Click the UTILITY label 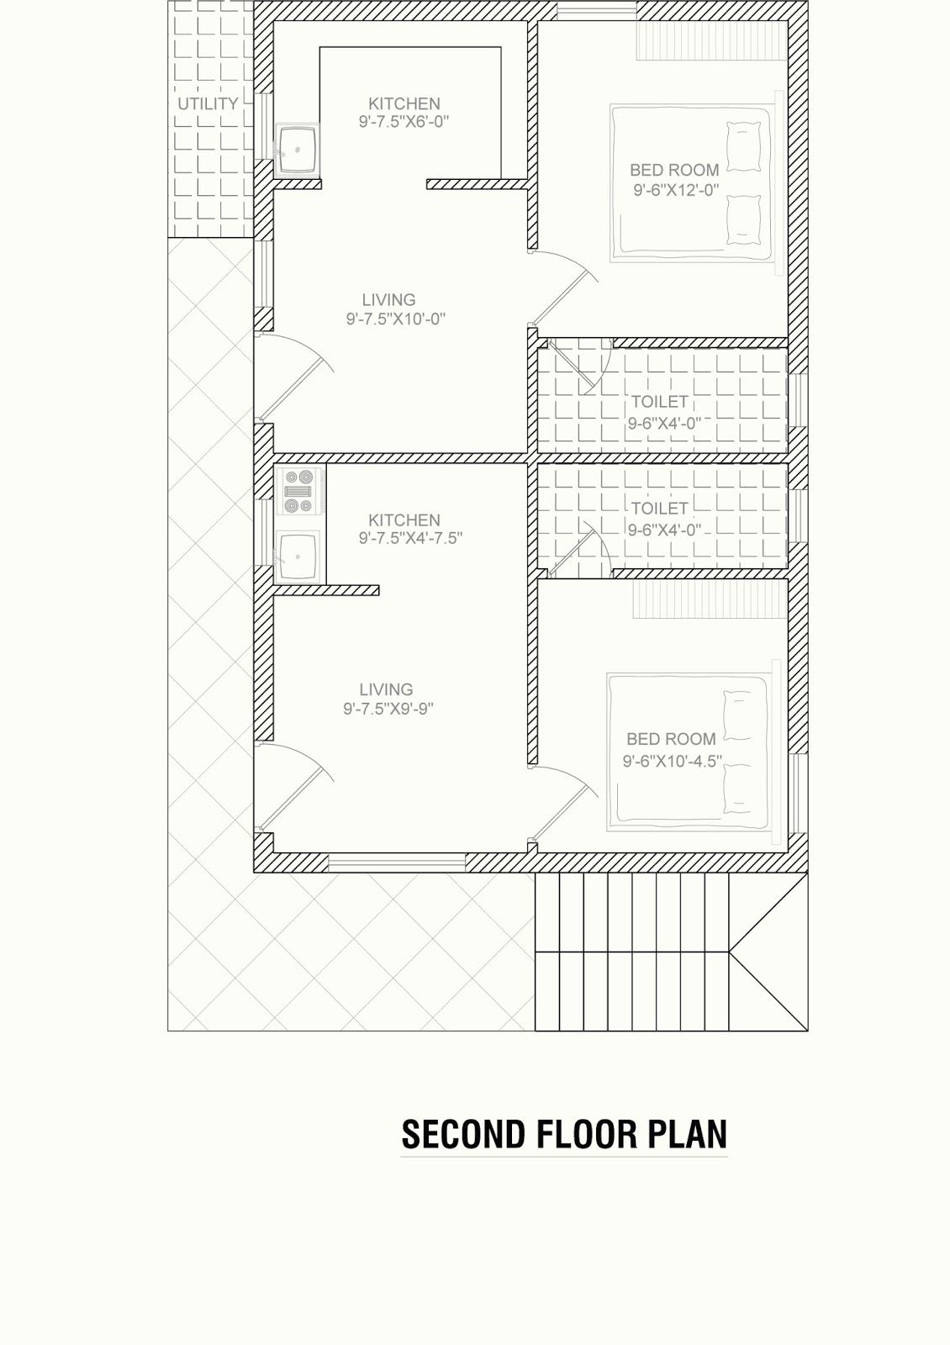[x=208, y=104]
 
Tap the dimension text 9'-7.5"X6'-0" [x=404, y=122]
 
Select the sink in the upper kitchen [x=298, y=150]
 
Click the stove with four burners [x=299, y=491]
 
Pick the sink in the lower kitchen [x=298, y=556]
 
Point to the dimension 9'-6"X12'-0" [x=676, y=190]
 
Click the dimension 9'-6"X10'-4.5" [x=673, y=762]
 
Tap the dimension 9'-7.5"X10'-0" [x=396, y=319]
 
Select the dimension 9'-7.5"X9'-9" [x=388, y=709]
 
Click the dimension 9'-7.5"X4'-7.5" [x=411, y=539]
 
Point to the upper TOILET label [x=659, y=402]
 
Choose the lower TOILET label [x=659, y=509]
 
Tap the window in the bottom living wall [x=397, y=862]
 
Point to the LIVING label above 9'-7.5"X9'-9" [x=386, y=689]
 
